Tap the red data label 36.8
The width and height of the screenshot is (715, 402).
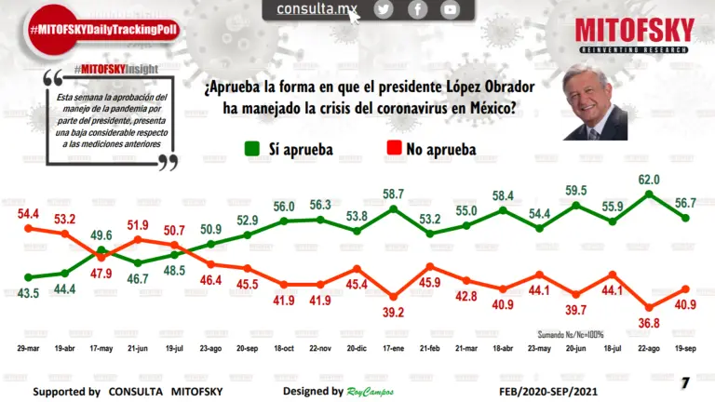[x=649, y=323]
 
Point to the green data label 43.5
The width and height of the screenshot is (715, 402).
[x=28, y=293]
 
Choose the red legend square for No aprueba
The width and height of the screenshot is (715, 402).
[x=395, y=149]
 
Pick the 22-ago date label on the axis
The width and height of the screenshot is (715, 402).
[x=649, y=344]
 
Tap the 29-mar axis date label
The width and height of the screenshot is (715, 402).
[x=27, y=344]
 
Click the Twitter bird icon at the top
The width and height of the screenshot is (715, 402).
[x=384, y=9]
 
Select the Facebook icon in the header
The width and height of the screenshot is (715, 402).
[x=417, y=9]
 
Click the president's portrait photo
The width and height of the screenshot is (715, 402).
[x=595, y=104]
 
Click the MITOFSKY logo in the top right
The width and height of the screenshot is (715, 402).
[x=634, y=34]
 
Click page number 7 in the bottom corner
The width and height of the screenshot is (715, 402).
[x=685, y=382]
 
